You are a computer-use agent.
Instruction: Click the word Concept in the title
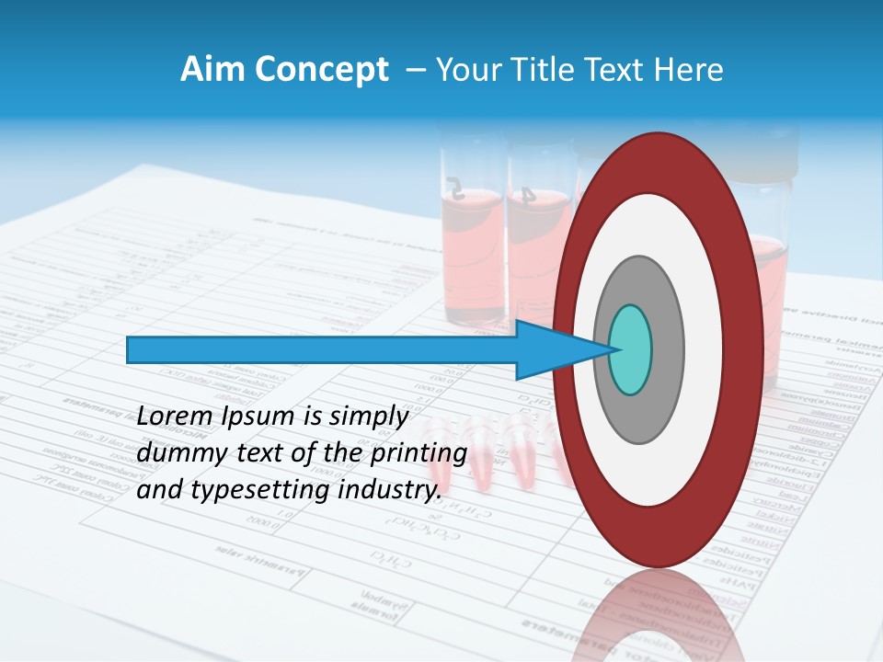(x=321, y=70)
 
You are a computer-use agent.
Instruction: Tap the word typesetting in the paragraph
(x=247, y=491)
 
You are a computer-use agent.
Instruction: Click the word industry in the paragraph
(x=387, y=490)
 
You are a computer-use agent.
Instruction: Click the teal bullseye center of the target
(x=631, y=349)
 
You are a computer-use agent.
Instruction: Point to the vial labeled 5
(x=471, y=239)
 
